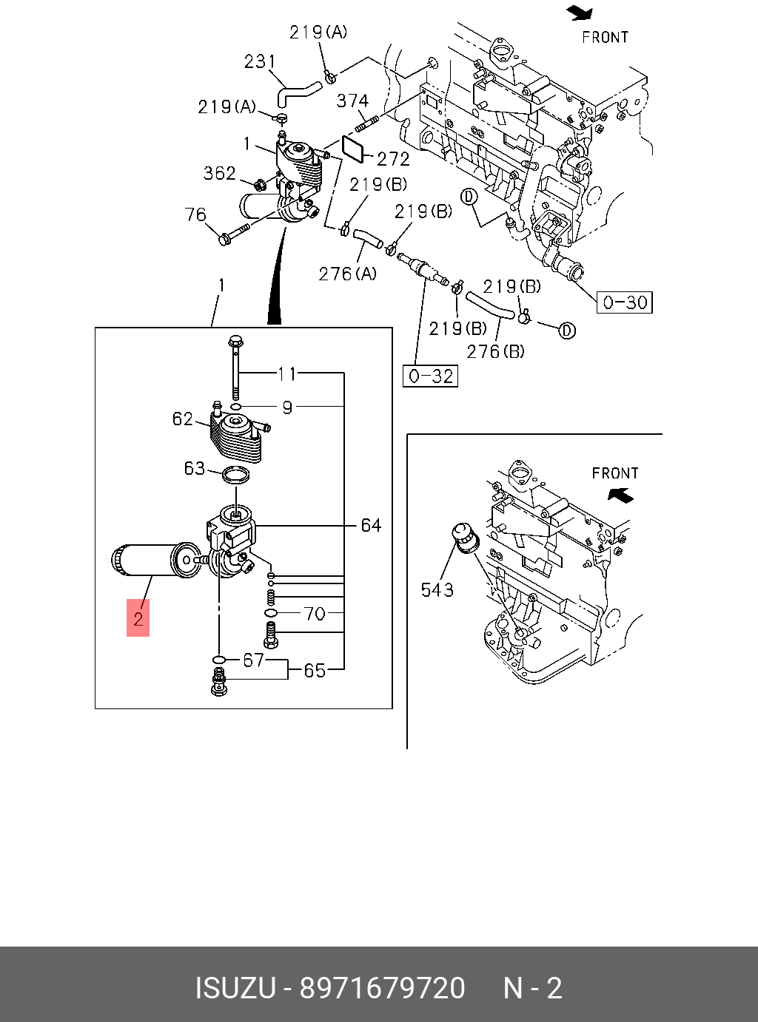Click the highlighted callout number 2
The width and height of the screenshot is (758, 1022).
coord(138,619)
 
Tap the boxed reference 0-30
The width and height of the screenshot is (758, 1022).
coord(624,302)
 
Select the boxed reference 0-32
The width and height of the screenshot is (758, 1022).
coord(430,376)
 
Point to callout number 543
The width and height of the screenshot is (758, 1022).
coord(437,590)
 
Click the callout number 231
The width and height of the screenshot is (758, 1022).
coord(260,61)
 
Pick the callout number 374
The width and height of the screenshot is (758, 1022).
coord(352,101)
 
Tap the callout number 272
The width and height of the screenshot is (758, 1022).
coord(393,160)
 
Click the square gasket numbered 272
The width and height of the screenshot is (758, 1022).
coord(354,149)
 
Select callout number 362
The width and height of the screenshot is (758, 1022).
coord(220,173)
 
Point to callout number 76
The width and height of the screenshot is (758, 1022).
coord(195,214)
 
